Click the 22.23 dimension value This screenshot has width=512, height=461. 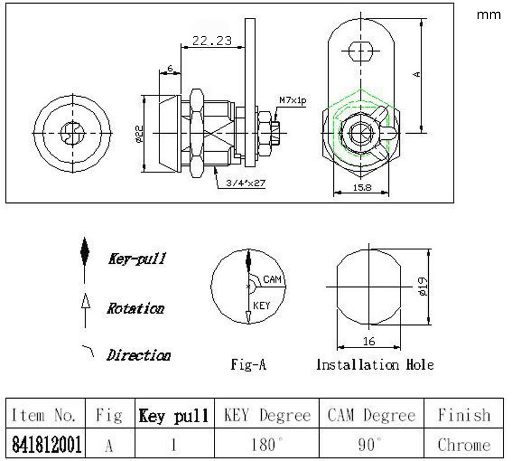[x=212, y=40]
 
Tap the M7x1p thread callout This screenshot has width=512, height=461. [x=292, y=100]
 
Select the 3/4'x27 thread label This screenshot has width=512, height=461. [x=246, y=183]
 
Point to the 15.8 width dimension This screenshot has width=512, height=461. [x=362, y=187]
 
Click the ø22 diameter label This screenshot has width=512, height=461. [x=139, y=134]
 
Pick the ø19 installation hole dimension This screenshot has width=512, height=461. [x=422, y=286]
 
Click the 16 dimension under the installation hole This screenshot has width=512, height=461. [x=369, y=341]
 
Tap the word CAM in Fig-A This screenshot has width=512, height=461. [x=272, y=279]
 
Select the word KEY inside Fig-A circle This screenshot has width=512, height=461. [x=262, y=306]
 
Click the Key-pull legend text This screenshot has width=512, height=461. [x=137, y=259]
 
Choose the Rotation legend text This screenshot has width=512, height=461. [x=135, y=308]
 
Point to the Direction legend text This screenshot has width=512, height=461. [x=139, y=355]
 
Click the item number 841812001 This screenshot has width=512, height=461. [x=46, y=444]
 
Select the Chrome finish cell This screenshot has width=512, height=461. [x=464, y=445]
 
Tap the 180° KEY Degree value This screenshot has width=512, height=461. [x=267, y=444]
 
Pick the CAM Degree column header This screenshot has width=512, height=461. [x=372, y=415]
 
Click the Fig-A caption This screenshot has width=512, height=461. [x=248, y=364]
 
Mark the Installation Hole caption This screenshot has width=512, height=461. [x=375, y=364]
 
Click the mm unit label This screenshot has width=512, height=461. [x=488, y=14]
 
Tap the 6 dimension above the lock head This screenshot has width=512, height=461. [x=170, y=68]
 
